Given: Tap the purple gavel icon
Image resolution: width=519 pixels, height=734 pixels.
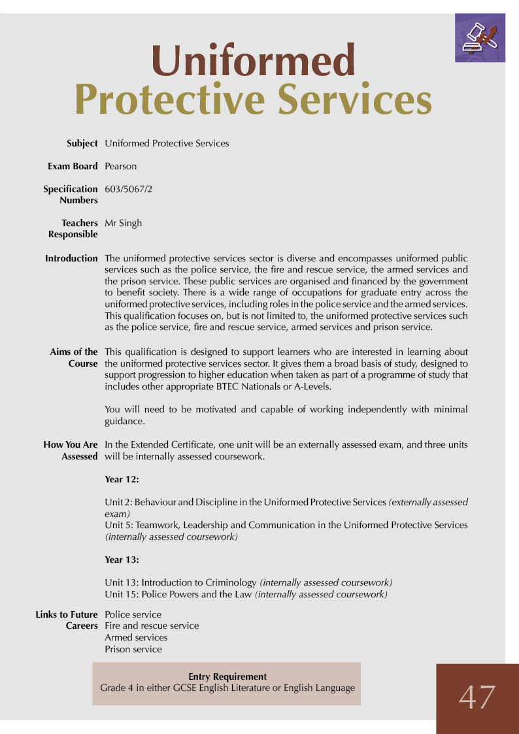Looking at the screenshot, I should [480, 37].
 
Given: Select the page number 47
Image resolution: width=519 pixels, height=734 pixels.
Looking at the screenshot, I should [477, 697].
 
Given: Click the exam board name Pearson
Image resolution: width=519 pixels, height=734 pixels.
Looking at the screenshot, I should [121, 166].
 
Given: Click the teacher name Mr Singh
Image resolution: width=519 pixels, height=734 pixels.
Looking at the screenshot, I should [123, 223].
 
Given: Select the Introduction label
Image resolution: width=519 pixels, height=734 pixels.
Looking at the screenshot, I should [71, 258].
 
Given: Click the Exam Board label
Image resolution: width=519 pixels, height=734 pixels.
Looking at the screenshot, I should [73, 166].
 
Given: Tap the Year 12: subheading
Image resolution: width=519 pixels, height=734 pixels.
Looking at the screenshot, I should [122, 479].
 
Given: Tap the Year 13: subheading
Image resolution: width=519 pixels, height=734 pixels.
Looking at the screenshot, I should [122, 559].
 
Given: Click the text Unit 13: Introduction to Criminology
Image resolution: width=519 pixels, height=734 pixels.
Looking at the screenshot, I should [181, 582].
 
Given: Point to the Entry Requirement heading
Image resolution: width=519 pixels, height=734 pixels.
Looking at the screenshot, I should [227, 676].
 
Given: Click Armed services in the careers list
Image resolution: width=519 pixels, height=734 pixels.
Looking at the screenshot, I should [136, 637].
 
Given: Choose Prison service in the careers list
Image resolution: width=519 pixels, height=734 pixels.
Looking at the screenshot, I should [133, 649].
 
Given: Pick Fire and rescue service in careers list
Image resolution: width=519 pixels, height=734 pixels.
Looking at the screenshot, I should [152, 626].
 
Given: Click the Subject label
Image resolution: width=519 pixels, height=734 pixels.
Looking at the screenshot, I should [82, 143].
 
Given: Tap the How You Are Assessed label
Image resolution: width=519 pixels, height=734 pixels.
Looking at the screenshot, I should [71, 450].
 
